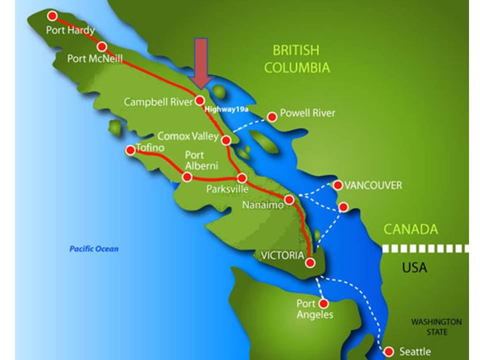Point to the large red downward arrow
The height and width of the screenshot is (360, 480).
click(x=201, y=62)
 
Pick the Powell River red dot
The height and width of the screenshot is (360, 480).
click(x=272, y=117)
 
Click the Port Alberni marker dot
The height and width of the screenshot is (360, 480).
click(x=187, y=176)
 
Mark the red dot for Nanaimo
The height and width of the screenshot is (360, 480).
click(x=289, y=200)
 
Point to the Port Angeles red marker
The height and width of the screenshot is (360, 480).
click(x=323, y=303)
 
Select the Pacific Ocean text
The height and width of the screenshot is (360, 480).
click(x=93, y=248)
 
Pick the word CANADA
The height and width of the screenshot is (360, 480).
click(x=410, y=229)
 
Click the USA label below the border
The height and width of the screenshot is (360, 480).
click(x=414, y=267)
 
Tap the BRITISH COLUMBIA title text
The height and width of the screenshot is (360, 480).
click(x=296, y=58)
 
